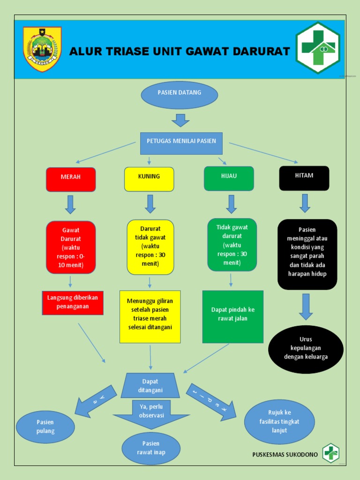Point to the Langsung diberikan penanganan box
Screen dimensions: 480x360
coord(73,302)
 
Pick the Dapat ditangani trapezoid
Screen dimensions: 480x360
coord(150,386)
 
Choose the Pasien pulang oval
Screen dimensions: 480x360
coord(45,427)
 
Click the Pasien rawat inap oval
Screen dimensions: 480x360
coord(151,448)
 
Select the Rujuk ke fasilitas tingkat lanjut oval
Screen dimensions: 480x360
coord(279,422)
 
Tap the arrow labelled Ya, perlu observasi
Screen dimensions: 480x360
coord(151,412)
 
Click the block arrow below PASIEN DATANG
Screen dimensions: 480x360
coord(180,120)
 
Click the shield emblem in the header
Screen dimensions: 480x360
coord(42,49)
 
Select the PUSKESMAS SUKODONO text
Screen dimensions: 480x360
coord(285,454)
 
